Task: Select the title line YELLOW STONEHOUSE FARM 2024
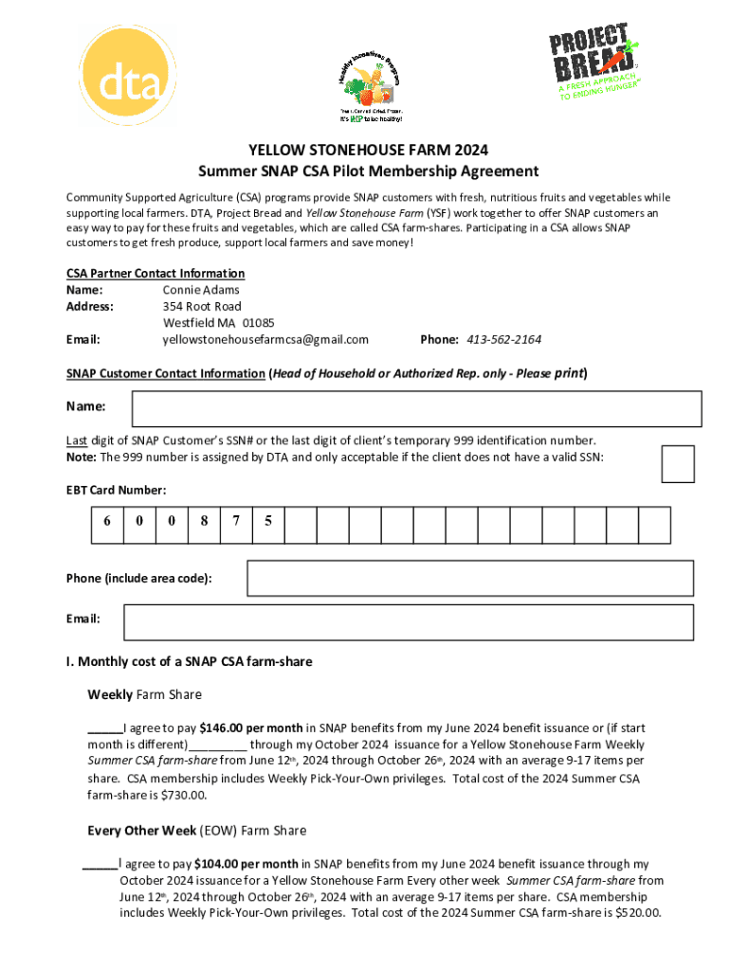click(368, 151)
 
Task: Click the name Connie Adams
click(201, 290)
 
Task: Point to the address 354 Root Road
click(202, 307)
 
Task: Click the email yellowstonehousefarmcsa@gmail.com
click(265, 340)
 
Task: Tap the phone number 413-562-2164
click(502, 340)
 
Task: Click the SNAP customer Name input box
click(416, 408)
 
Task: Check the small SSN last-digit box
click(677, 464)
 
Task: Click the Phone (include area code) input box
click(474, 578)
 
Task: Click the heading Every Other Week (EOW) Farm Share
click(197, 831)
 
